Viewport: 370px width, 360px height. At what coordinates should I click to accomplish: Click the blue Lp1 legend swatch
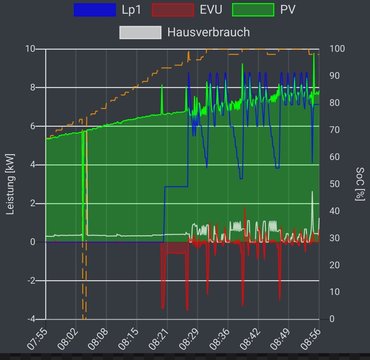[95, 10]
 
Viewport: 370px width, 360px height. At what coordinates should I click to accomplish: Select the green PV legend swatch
[253, 10]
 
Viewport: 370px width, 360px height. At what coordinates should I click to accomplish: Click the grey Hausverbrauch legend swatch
[140, 32]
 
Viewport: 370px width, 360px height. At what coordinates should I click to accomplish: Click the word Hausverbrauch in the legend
[208, 32]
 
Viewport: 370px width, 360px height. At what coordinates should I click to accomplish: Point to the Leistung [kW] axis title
[10, 184]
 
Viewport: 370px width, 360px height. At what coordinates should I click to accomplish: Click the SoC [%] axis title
[360, 184]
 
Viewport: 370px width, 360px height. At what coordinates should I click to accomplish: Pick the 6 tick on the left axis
[33, 126]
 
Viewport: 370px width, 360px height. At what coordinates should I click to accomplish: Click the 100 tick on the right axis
[337, 49]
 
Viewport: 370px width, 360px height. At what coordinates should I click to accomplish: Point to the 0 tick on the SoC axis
[332, 319]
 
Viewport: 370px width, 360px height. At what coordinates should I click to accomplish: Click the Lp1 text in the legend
[131, 10]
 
